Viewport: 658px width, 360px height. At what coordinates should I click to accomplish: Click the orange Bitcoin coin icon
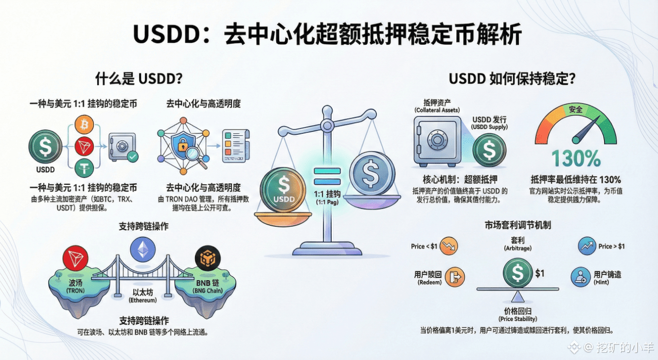pos(85,125)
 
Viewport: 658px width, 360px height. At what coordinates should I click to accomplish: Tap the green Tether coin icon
pos(85,167)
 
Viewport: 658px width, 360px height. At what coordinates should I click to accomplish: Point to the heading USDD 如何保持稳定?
pos(512,79)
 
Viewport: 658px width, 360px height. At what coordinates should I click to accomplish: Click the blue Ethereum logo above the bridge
pos(142,250)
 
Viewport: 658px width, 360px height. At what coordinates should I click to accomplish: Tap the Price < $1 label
pos(424,246)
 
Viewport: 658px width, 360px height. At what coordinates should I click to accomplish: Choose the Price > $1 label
pos(611,246)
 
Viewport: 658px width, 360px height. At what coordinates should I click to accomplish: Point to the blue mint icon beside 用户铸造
pos(580,277)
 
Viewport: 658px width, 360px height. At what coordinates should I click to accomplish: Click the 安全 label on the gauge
pos(575,110)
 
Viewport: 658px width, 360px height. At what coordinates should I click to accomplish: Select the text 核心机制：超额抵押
pos(460,180)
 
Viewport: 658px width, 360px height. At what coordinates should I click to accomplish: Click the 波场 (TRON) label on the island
pos(76,286)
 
